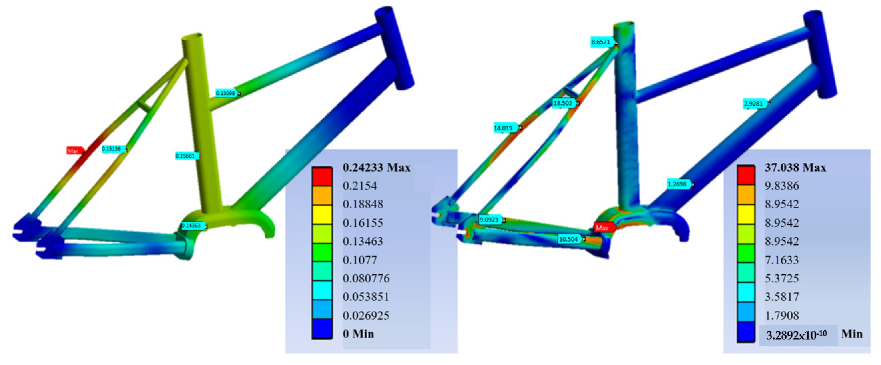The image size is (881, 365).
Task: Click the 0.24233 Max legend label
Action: pyautogui.click(x=376, y=168)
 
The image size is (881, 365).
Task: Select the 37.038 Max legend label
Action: pyautogui.click(x=795, y=168)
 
